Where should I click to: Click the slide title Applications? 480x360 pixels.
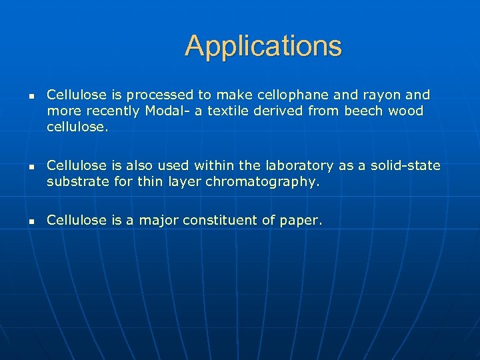(x=263, y=46)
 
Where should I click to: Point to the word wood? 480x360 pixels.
(x=406, y=110)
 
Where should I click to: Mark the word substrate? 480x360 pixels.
(x=77, y=181)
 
